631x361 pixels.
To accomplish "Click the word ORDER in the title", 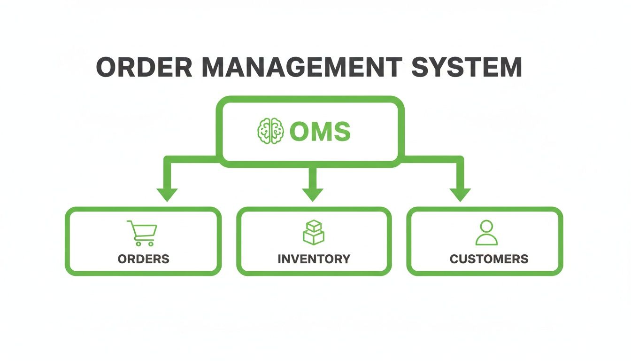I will click(x=144, y=68).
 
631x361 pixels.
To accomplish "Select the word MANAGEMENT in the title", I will click(x=301, y=68).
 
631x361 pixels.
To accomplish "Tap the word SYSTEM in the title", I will click(x=466, y=68).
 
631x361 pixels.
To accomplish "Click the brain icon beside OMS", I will click(x=271, y=131).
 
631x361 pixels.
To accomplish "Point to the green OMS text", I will click(x=320, y=132).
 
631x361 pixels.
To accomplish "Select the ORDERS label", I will click(x=143, y=259).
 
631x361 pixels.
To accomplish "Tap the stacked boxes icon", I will click(x=313, y=232).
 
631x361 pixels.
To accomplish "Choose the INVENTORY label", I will click(x=314, y=259).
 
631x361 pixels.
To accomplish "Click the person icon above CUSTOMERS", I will click(x=486, y=233).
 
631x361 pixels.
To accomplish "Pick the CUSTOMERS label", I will click(x=489, y=259).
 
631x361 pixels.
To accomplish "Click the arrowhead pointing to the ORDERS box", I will click(x=167, y=194).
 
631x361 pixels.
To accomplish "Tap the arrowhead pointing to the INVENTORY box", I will click(x=313, y=194).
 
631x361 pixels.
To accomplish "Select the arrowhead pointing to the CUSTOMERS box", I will click(x=460, y=194).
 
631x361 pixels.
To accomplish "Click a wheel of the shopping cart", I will click(x=138, y=243).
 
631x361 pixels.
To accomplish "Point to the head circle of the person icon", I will click(x=486, y=226).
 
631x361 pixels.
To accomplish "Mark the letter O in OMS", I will click(x=299, y=132).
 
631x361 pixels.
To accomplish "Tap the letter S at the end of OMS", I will click(x=341, y=132).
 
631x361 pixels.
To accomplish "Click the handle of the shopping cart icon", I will click(x=130, y=222).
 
